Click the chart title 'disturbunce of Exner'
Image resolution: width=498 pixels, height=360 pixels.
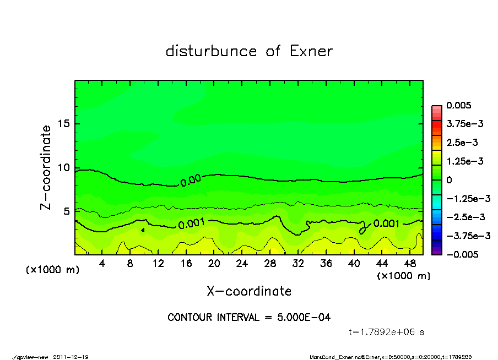pos(249,52)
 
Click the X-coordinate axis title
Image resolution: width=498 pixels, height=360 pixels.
pos(249,291)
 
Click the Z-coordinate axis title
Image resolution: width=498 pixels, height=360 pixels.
pos(46,167)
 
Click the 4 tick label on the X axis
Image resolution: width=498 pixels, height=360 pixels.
pos(102,264)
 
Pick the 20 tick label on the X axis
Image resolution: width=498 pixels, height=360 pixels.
pos(214,264)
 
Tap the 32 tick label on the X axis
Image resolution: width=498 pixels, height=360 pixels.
pos(298,264)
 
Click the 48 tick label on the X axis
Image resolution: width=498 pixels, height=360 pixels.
pos(410,264)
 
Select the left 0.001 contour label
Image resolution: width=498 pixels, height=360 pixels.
pos(192,223)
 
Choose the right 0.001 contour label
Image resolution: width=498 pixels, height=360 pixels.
pos(387,223)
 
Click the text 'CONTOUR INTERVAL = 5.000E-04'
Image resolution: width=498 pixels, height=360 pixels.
pos(249,317)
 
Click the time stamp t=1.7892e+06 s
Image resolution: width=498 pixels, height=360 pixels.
pos(386,332)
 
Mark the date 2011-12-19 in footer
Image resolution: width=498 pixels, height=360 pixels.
pos(71,357)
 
